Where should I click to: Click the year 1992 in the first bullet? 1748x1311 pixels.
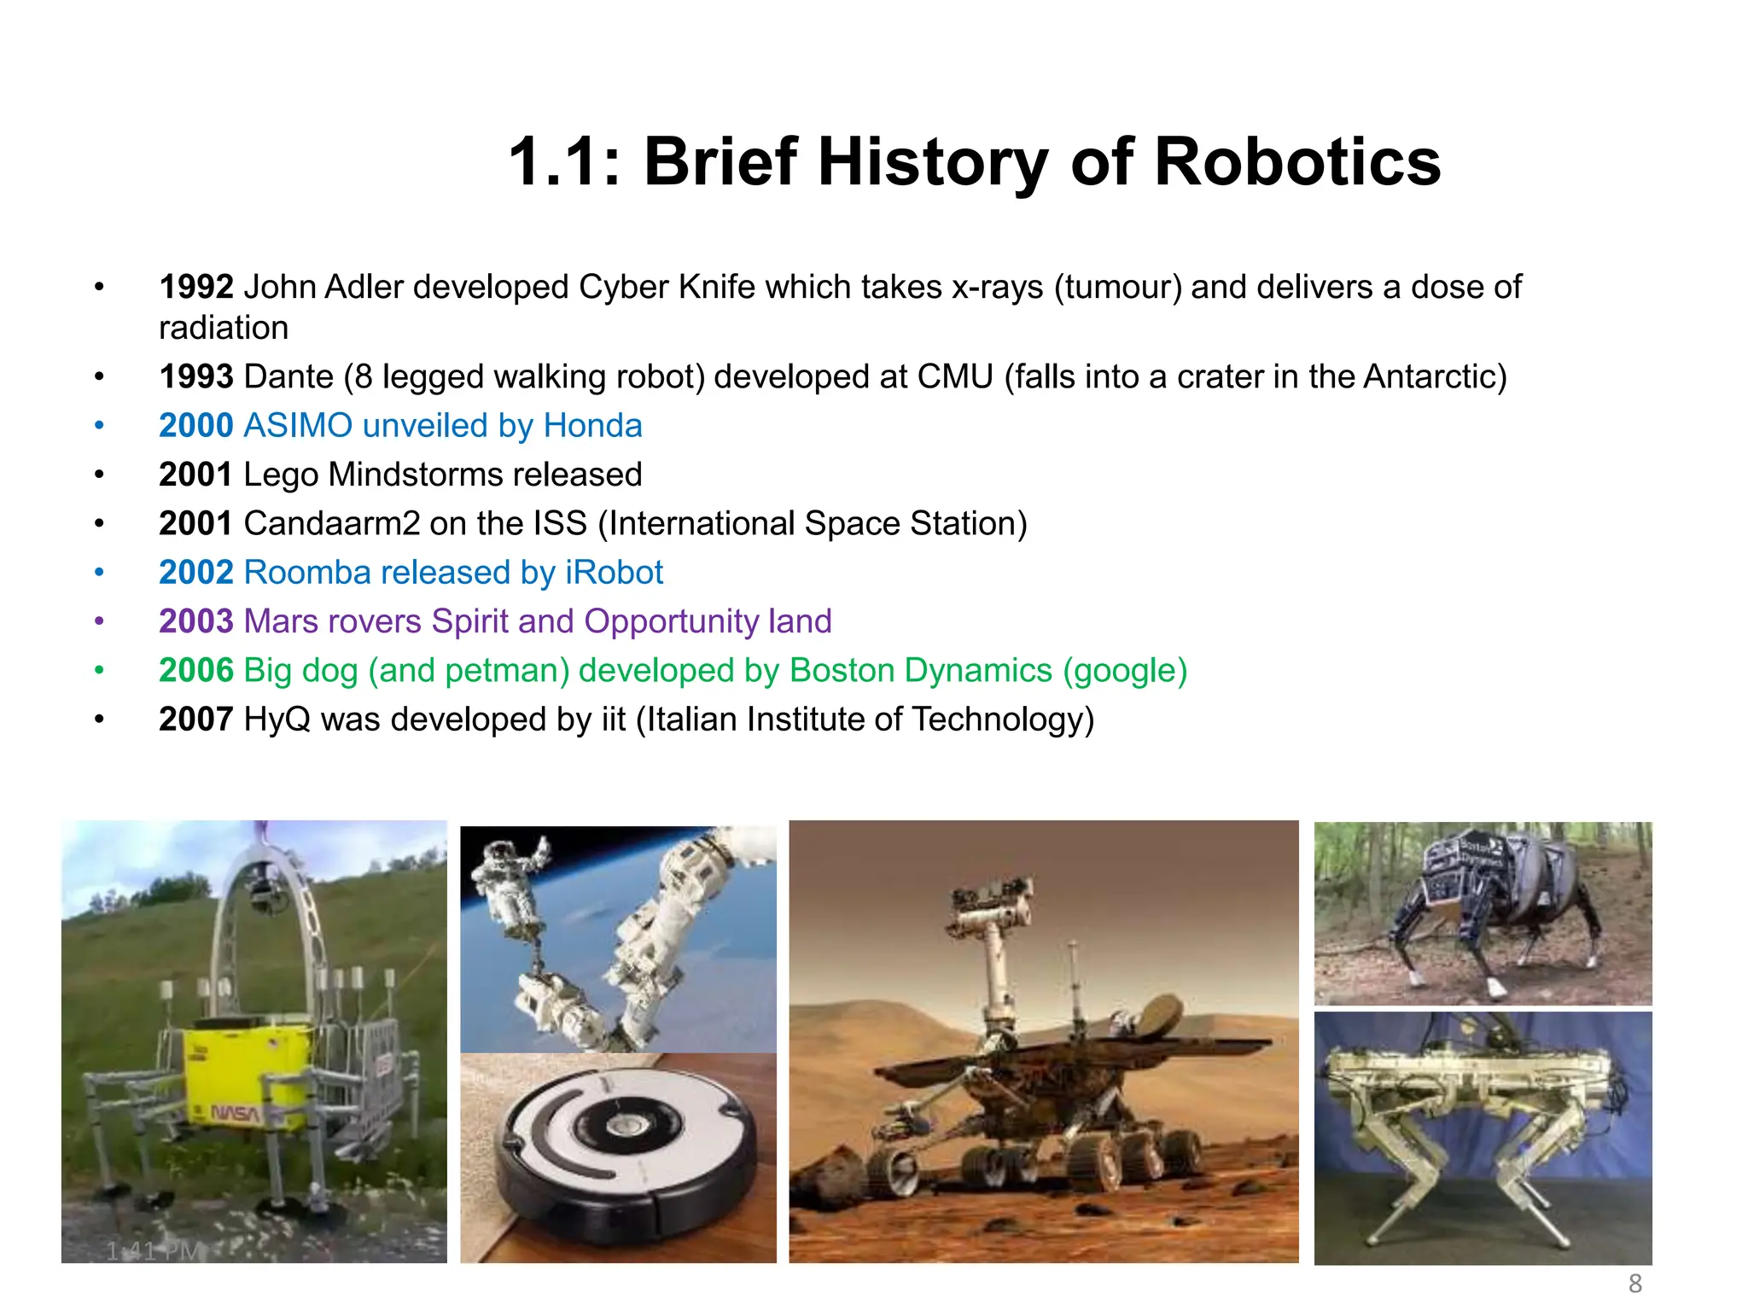point(196,288)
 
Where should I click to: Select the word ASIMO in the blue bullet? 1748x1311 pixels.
point(298,426)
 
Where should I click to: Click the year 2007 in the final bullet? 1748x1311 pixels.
point(196,720)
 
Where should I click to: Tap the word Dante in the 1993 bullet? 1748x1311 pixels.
point(288,377)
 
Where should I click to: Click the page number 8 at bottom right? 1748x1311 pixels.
point(1634,1284)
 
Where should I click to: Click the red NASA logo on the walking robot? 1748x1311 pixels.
point(235,1113)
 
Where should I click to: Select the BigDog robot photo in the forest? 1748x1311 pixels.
point(1483,912)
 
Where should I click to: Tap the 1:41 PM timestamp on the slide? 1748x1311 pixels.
point(154,1251)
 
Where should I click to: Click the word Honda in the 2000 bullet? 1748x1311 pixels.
point(592,426)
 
